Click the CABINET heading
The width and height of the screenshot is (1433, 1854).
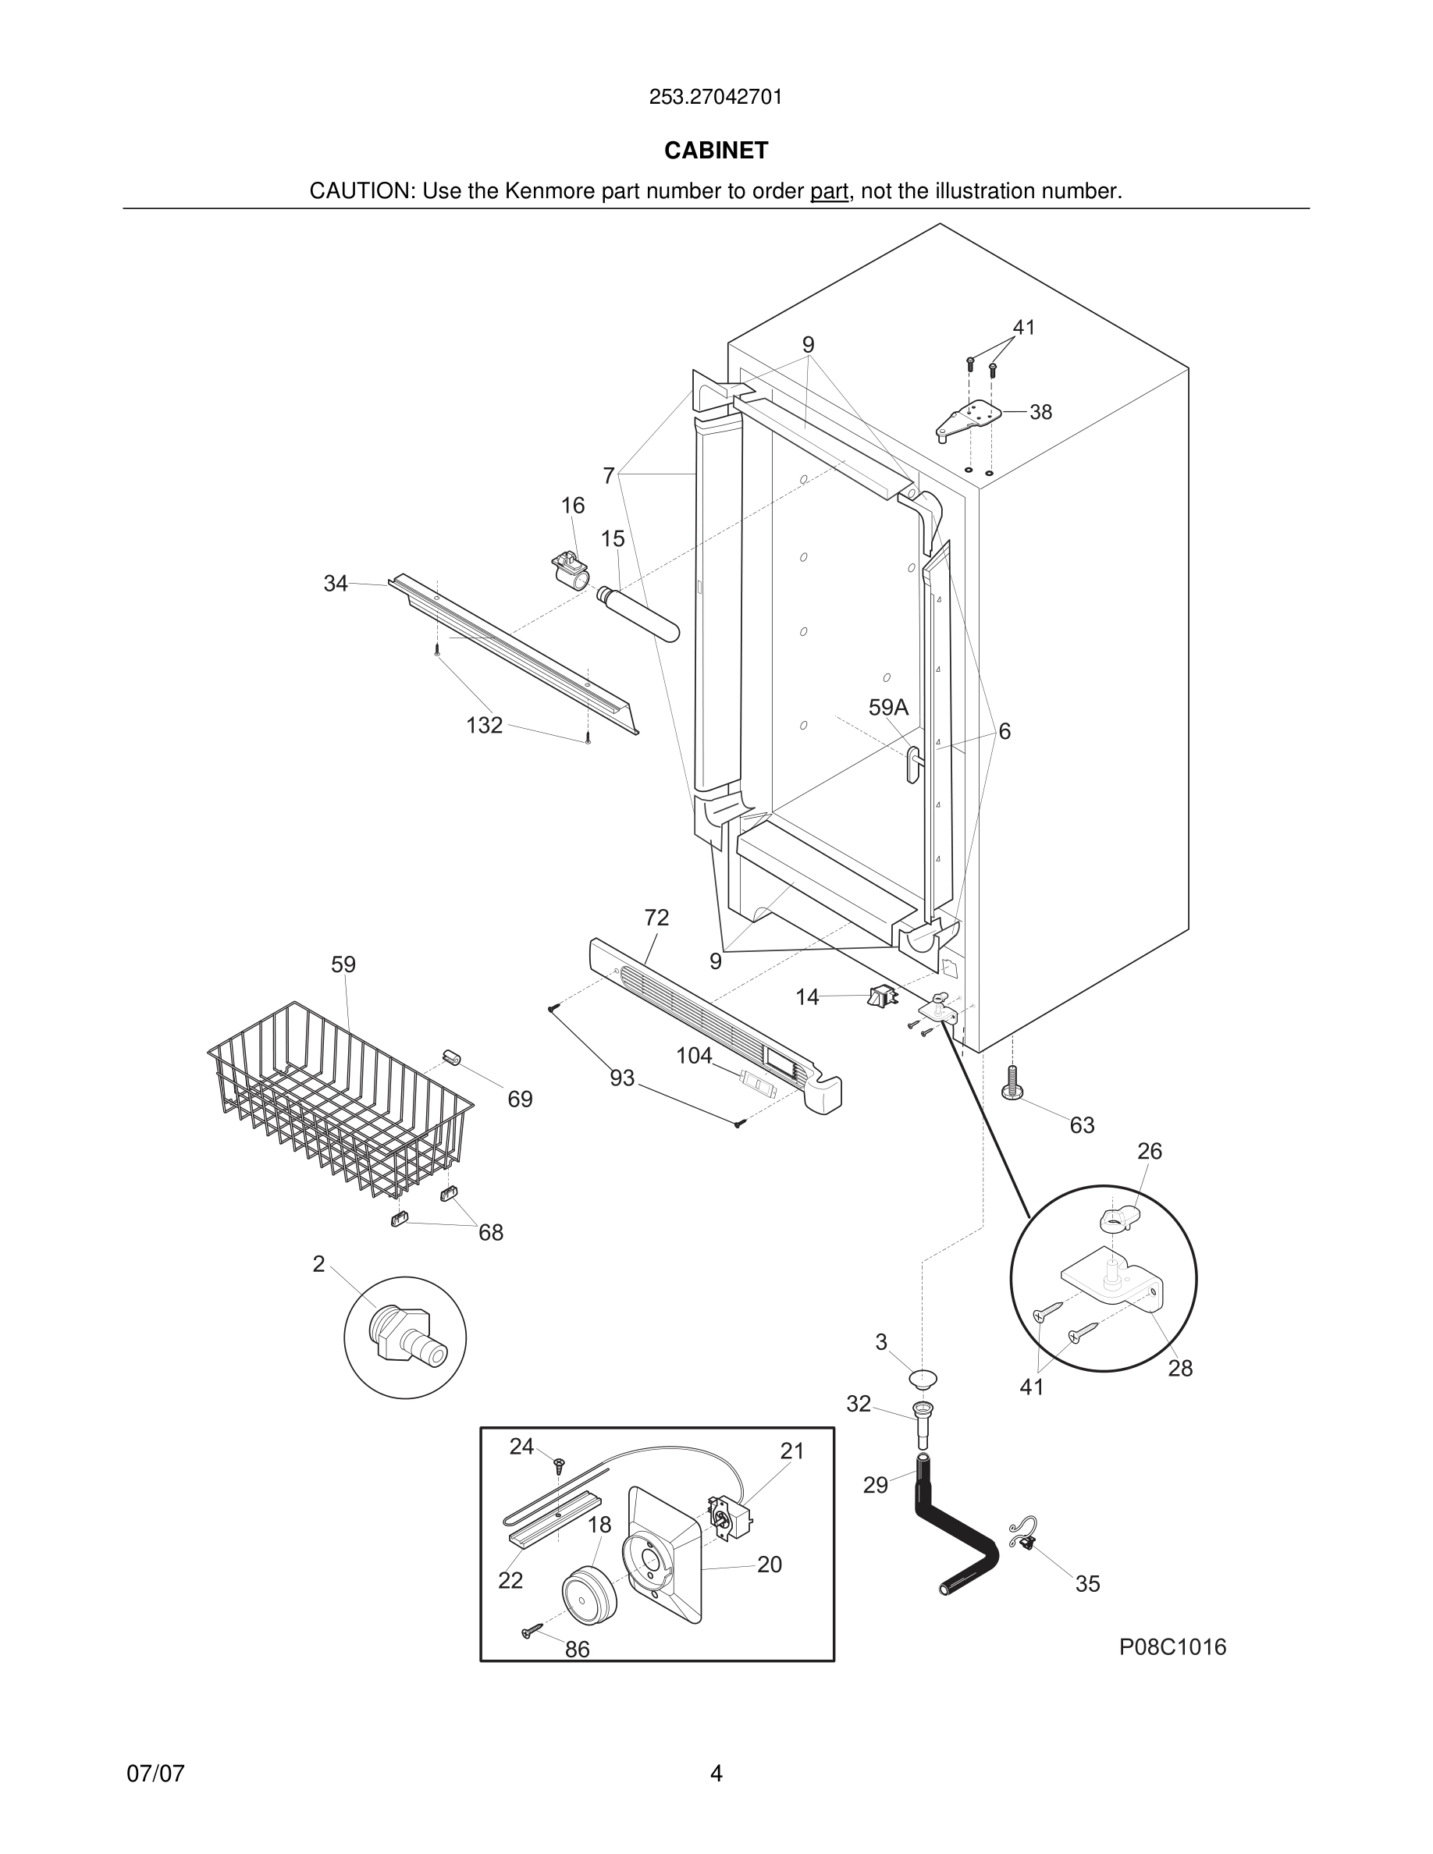pos(716,151)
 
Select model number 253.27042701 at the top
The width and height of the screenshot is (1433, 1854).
pos(716,97)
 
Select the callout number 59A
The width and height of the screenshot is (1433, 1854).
pos(888,707)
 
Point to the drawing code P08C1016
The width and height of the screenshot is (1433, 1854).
pos(1172,1647)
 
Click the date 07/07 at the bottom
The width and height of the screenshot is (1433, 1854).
pos(155,1774)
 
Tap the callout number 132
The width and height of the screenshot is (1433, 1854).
pos(484,725)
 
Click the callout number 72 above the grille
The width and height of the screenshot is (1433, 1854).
pos(656,918)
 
